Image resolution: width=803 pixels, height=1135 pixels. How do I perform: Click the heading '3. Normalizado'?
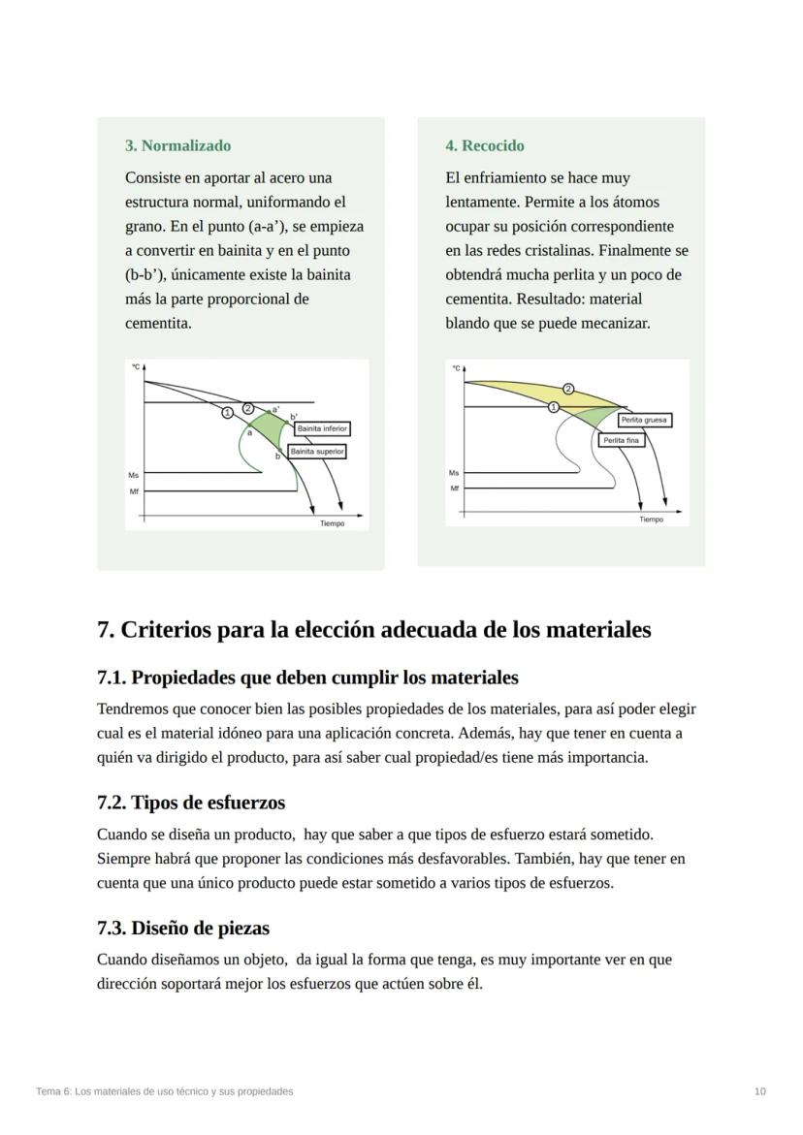coord(177,145)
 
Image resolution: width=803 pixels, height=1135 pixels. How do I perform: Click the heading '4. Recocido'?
coord(484,145)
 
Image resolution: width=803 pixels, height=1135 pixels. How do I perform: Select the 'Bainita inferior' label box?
coord(322,428)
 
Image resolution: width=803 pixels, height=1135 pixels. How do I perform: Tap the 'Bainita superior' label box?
coord(317,452)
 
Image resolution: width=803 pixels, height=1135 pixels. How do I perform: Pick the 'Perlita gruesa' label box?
coord(644,420)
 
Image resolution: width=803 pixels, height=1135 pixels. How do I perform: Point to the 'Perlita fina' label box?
coord(621,440)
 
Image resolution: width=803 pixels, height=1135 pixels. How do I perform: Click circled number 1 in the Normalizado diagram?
coord(227,413)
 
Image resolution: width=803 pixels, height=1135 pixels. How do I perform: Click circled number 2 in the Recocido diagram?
coord(568,389)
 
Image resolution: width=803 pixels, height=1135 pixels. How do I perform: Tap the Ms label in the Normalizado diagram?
coord(133,475)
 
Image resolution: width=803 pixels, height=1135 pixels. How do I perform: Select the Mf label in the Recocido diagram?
coord(454,489)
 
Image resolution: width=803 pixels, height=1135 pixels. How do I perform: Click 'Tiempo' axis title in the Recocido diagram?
coord(652,520)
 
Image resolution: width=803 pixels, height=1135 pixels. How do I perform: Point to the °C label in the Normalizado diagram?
coord(136,367)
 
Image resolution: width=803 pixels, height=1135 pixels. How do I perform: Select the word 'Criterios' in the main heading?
coord(165,630)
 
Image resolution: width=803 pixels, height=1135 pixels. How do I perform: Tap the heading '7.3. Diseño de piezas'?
coord(183,928)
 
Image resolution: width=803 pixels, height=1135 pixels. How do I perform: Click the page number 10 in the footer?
coord(759,1091)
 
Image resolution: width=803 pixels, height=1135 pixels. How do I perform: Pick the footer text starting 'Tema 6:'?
coord(164,1091)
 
